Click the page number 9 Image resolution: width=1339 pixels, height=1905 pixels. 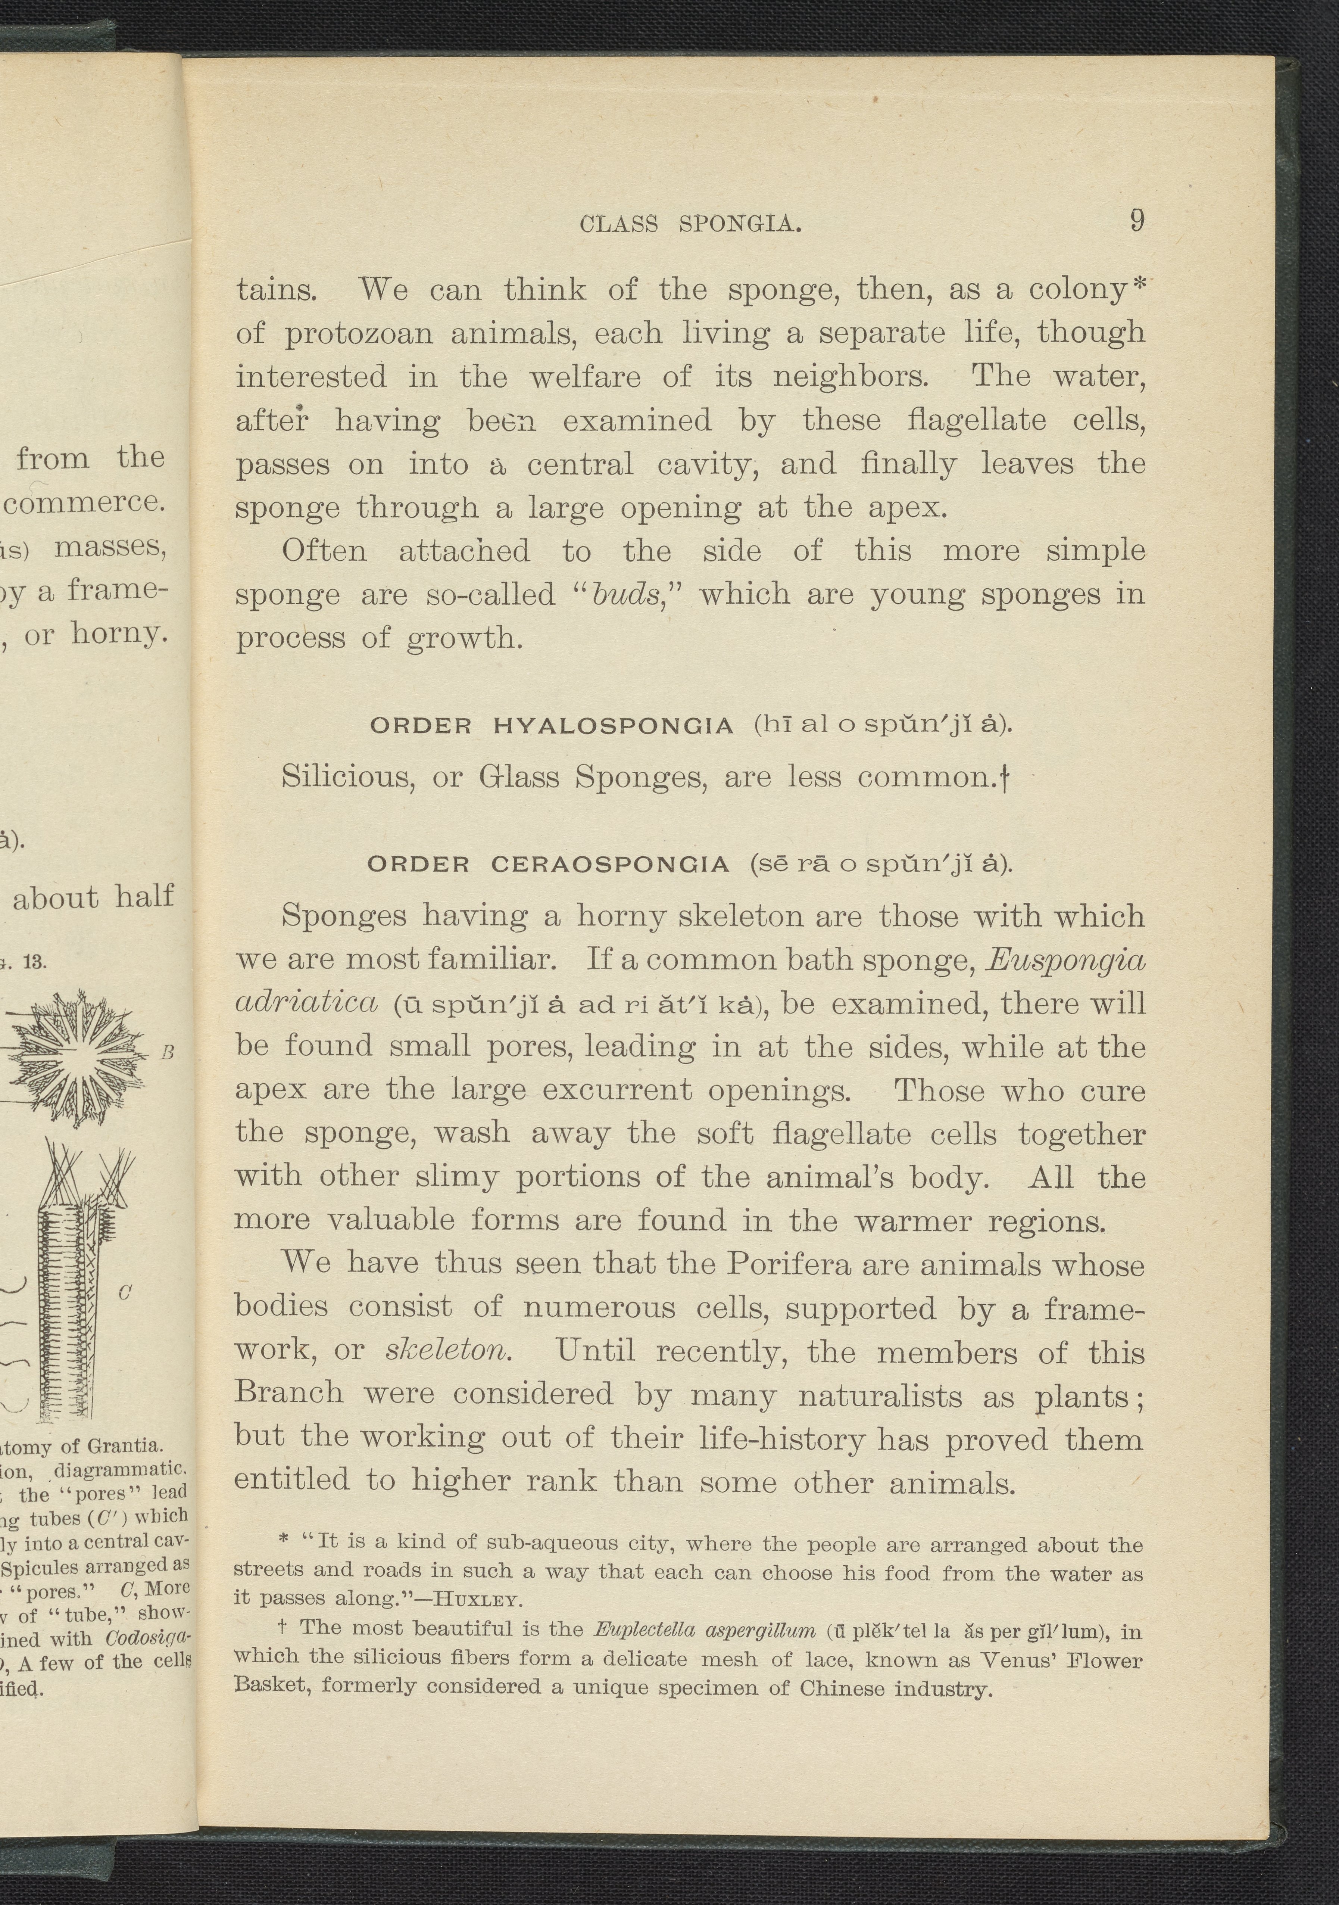pos(1137,221)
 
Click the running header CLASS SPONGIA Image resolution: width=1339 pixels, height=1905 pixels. pos(691,224)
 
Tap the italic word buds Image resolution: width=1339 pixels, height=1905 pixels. pos(624,595)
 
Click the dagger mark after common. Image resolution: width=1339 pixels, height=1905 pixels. pos(1005,778)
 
